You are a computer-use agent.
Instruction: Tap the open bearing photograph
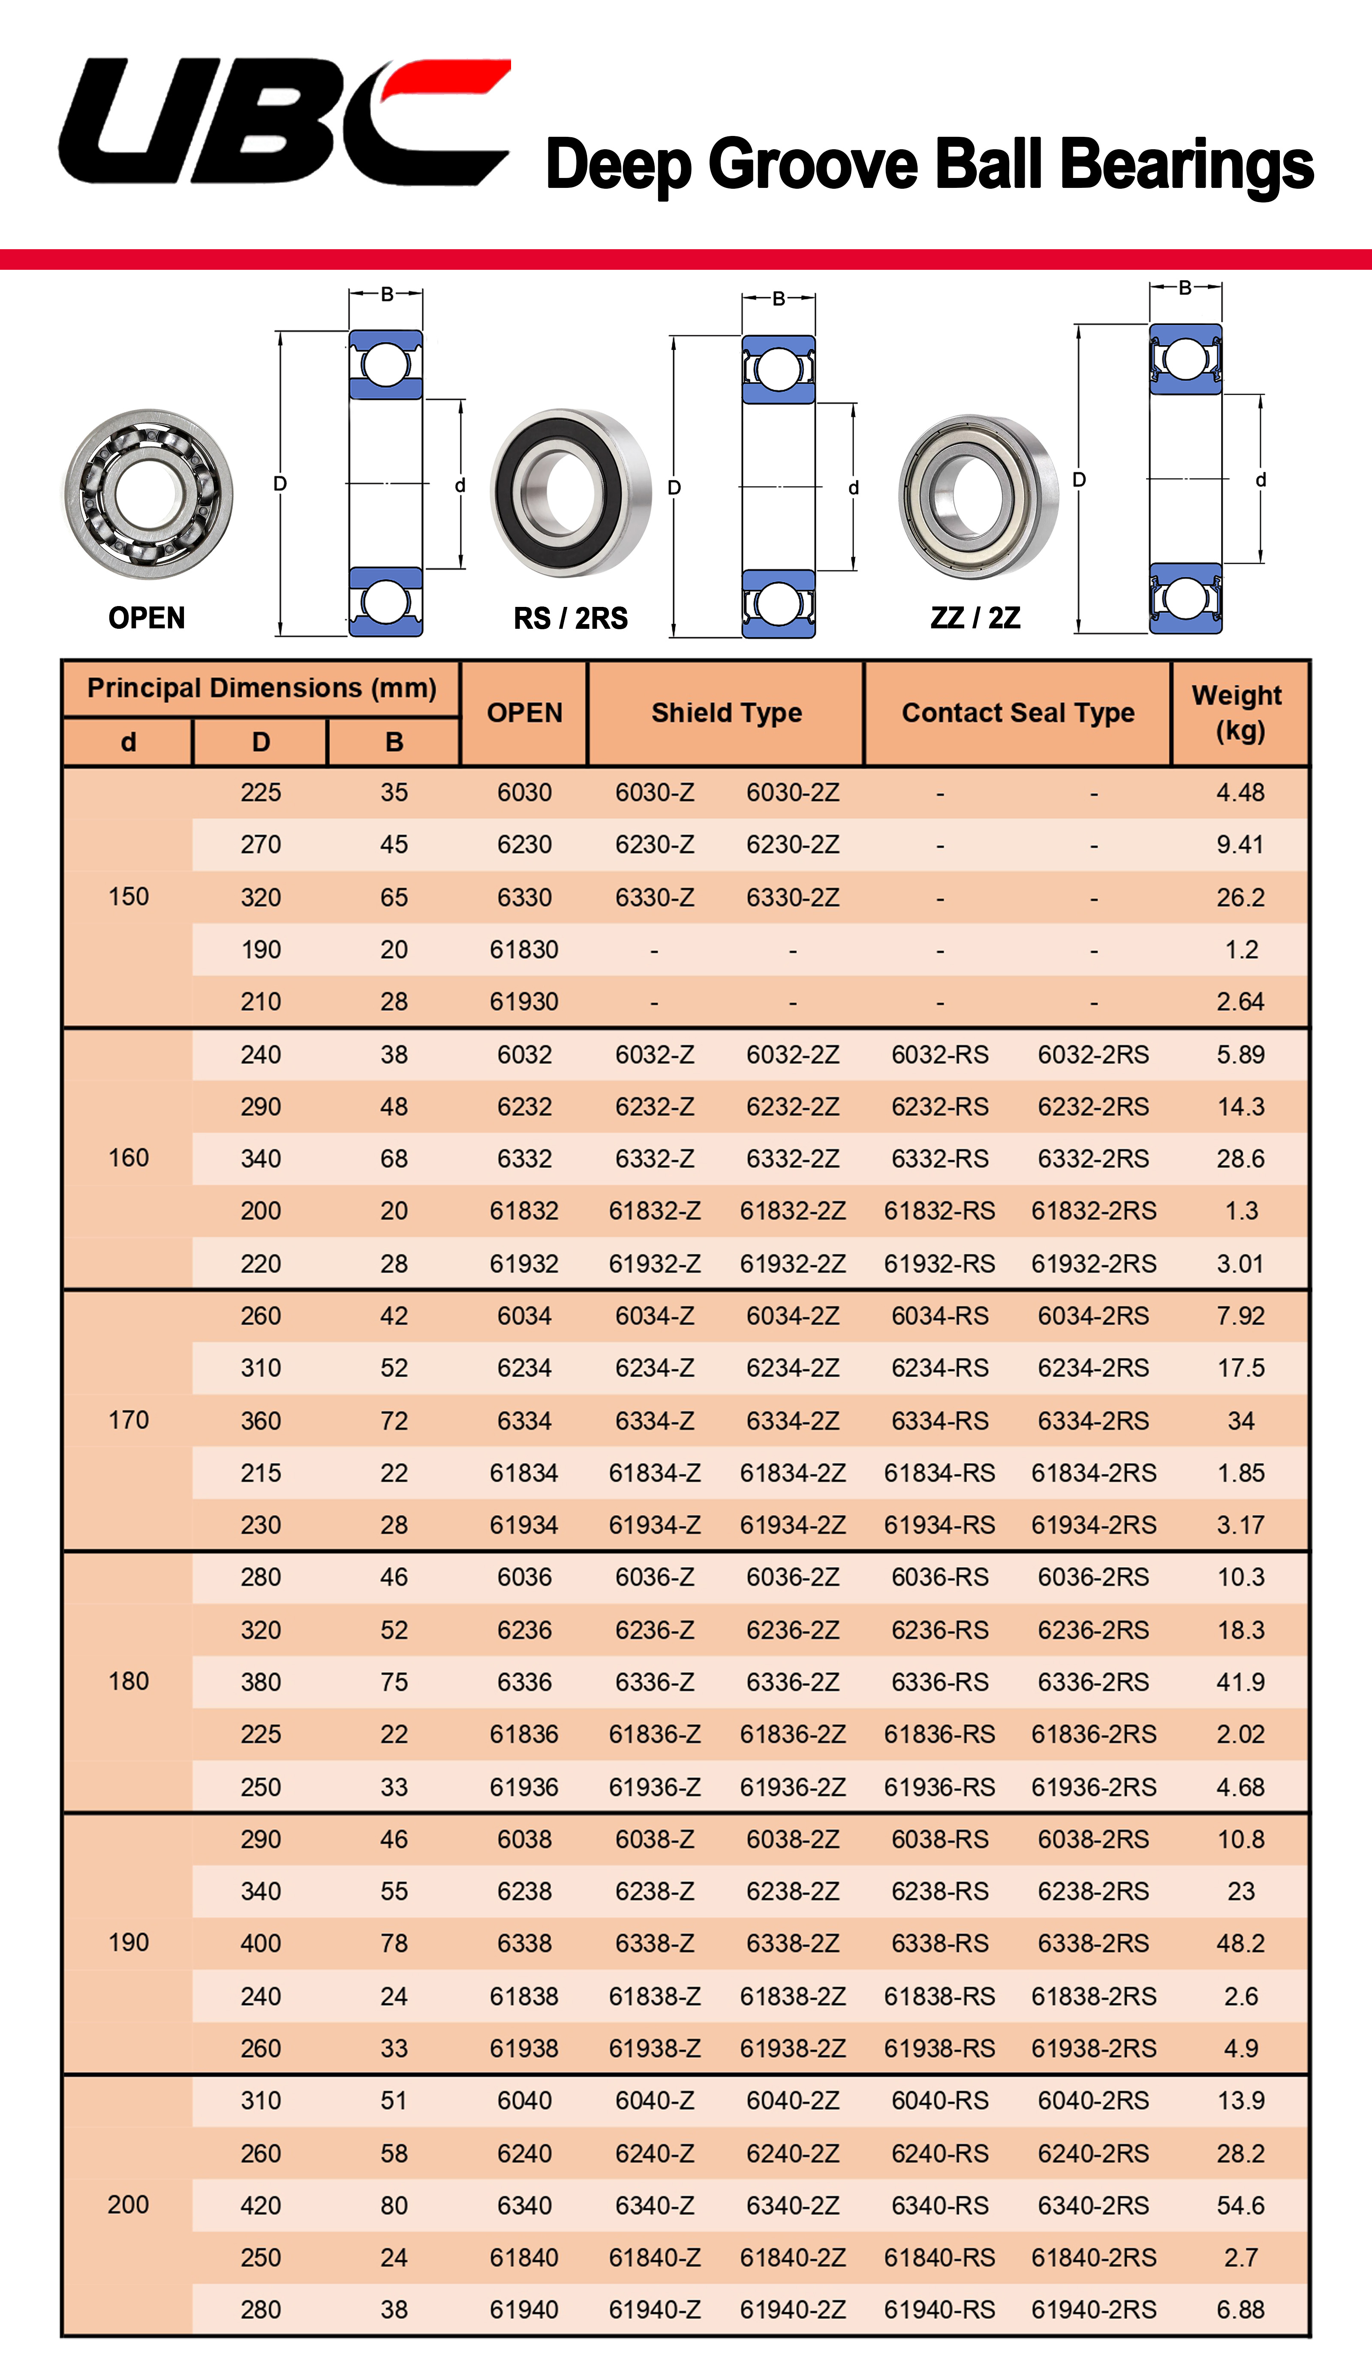(x=148, y=493)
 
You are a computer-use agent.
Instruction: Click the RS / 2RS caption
(x=570, y=618)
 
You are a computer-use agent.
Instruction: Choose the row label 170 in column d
(x=128, y=1420)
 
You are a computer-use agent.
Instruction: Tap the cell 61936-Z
(x=654, y=1787)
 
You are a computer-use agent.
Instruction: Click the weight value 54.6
(x=1240, y=2205)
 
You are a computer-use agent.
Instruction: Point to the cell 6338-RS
(x=940, y=1943)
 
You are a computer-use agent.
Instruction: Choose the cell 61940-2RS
(x=1093, y=2309)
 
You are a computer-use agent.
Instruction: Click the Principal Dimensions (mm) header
(x=261, y=688)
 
